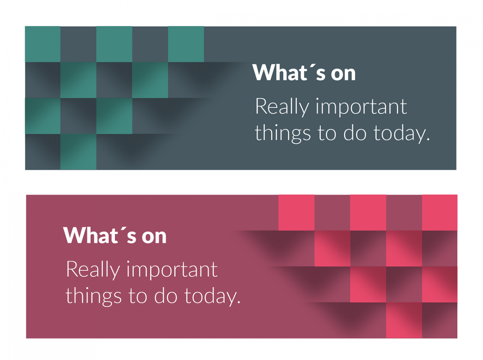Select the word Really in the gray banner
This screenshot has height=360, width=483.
(282, 107)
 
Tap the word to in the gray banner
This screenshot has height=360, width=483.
(328, 133)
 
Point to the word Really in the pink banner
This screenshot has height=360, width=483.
(93, 270)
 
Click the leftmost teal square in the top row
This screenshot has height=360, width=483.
(43, 44)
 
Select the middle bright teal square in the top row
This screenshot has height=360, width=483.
(114, 44)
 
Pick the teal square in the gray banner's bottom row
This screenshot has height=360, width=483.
(78, 152)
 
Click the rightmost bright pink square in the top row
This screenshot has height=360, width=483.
(440, 213)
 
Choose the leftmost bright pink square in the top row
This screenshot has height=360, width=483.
(296, 213)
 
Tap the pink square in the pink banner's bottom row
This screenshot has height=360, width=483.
(404, 320)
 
